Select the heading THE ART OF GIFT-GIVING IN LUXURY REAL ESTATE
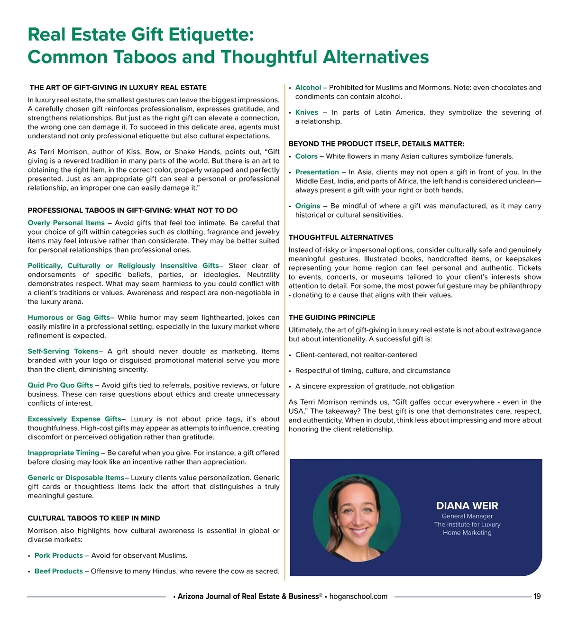click(x=118, y=87)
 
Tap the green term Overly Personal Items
click(x=66, y=223)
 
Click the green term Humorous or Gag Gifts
click(x=69, y=318)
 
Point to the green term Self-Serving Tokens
click(x=63, y=351)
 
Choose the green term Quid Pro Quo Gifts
click(x=60, y=385)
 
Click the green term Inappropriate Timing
click(x=64, y=453)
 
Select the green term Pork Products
click(x=59, y=555)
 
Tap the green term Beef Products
click(x=59, y=571)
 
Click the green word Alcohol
click(x=308, y=88)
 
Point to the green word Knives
click(x=307, y=112)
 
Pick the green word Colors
click(x=306, y=156)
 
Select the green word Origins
click(x=308, y=206)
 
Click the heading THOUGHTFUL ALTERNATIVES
click(x=341, y=237)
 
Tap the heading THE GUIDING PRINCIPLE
click(x=332, y=318)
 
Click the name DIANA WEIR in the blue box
click(x=467, y=506)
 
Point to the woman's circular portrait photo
click(x=357, y=517)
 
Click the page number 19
click(x=537, y=597)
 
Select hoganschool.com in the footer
click(x=358, y=597)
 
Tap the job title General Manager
click(x=467, y=516)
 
